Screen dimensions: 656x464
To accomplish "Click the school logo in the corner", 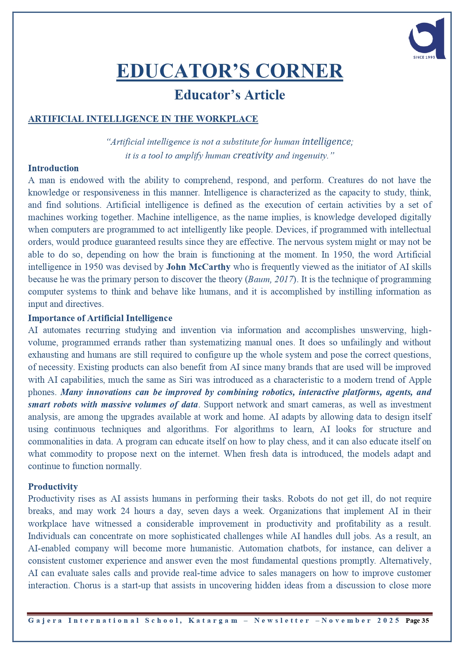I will click(427, 37).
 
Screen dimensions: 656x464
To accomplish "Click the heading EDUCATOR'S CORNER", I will click(230, 71).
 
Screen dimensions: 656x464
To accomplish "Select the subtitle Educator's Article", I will click(230, 95).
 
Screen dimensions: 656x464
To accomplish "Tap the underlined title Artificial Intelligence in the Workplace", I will click(143, 119).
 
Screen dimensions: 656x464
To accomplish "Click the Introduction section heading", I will click(53, 168).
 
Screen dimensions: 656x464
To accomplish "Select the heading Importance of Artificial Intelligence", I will click(100, 318).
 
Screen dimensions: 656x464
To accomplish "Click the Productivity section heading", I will click(53, 487).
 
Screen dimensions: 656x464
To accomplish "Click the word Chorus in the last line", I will click(87, 585).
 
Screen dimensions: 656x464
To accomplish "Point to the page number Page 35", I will click(417, 621).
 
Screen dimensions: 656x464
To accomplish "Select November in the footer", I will click(346, 621).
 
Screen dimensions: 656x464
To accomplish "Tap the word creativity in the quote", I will click(253, 155).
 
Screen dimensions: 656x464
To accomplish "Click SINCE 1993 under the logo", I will click(424, 57).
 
